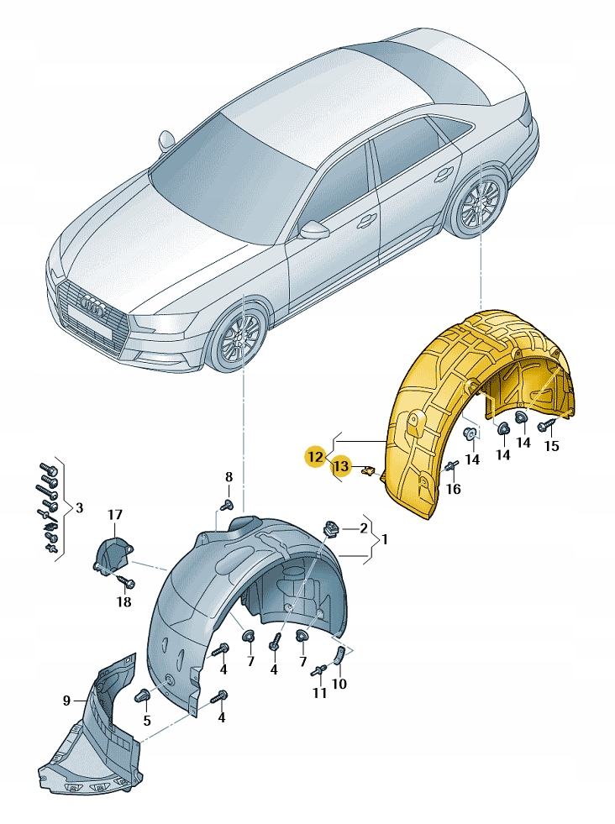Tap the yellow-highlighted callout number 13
coord(340,466)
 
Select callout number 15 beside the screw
coord(551,446)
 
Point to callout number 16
coord(453,489)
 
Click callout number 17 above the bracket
coord(114,515)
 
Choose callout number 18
coord(124,601)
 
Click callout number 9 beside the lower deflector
coord(66,699)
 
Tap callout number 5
coord(146,720)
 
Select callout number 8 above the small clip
coord(228,477)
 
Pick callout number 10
coord(339,684)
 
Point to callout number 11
coord(319,693)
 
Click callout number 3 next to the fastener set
coord(79,507)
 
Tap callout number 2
coord(364,528)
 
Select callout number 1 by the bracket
coord(385,540)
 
